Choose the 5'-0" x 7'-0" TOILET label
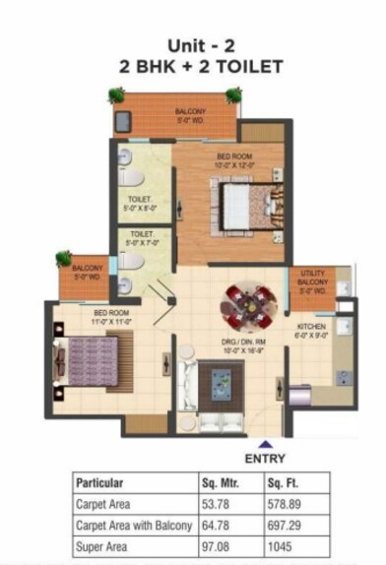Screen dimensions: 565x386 [x=140, y=238]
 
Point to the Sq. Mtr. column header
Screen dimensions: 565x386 [x=223, y=483]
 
